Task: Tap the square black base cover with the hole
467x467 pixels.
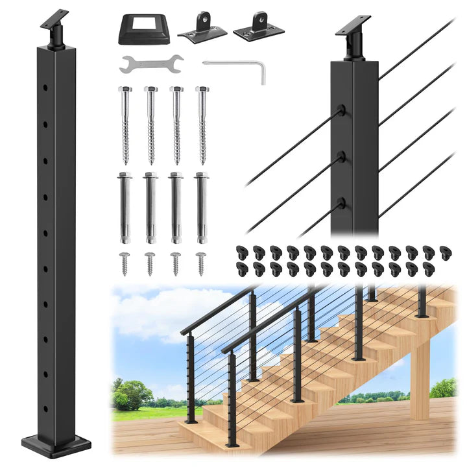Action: tap(144, 29)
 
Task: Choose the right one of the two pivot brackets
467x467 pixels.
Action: tap(258, 25)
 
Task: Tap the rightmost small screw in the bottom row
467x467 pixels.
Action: tap(202, 263)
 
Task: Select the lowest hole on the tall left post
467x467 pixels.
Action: tap(45, 408)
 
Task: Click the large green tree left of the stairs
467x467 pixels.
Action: tap(133, 394)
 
